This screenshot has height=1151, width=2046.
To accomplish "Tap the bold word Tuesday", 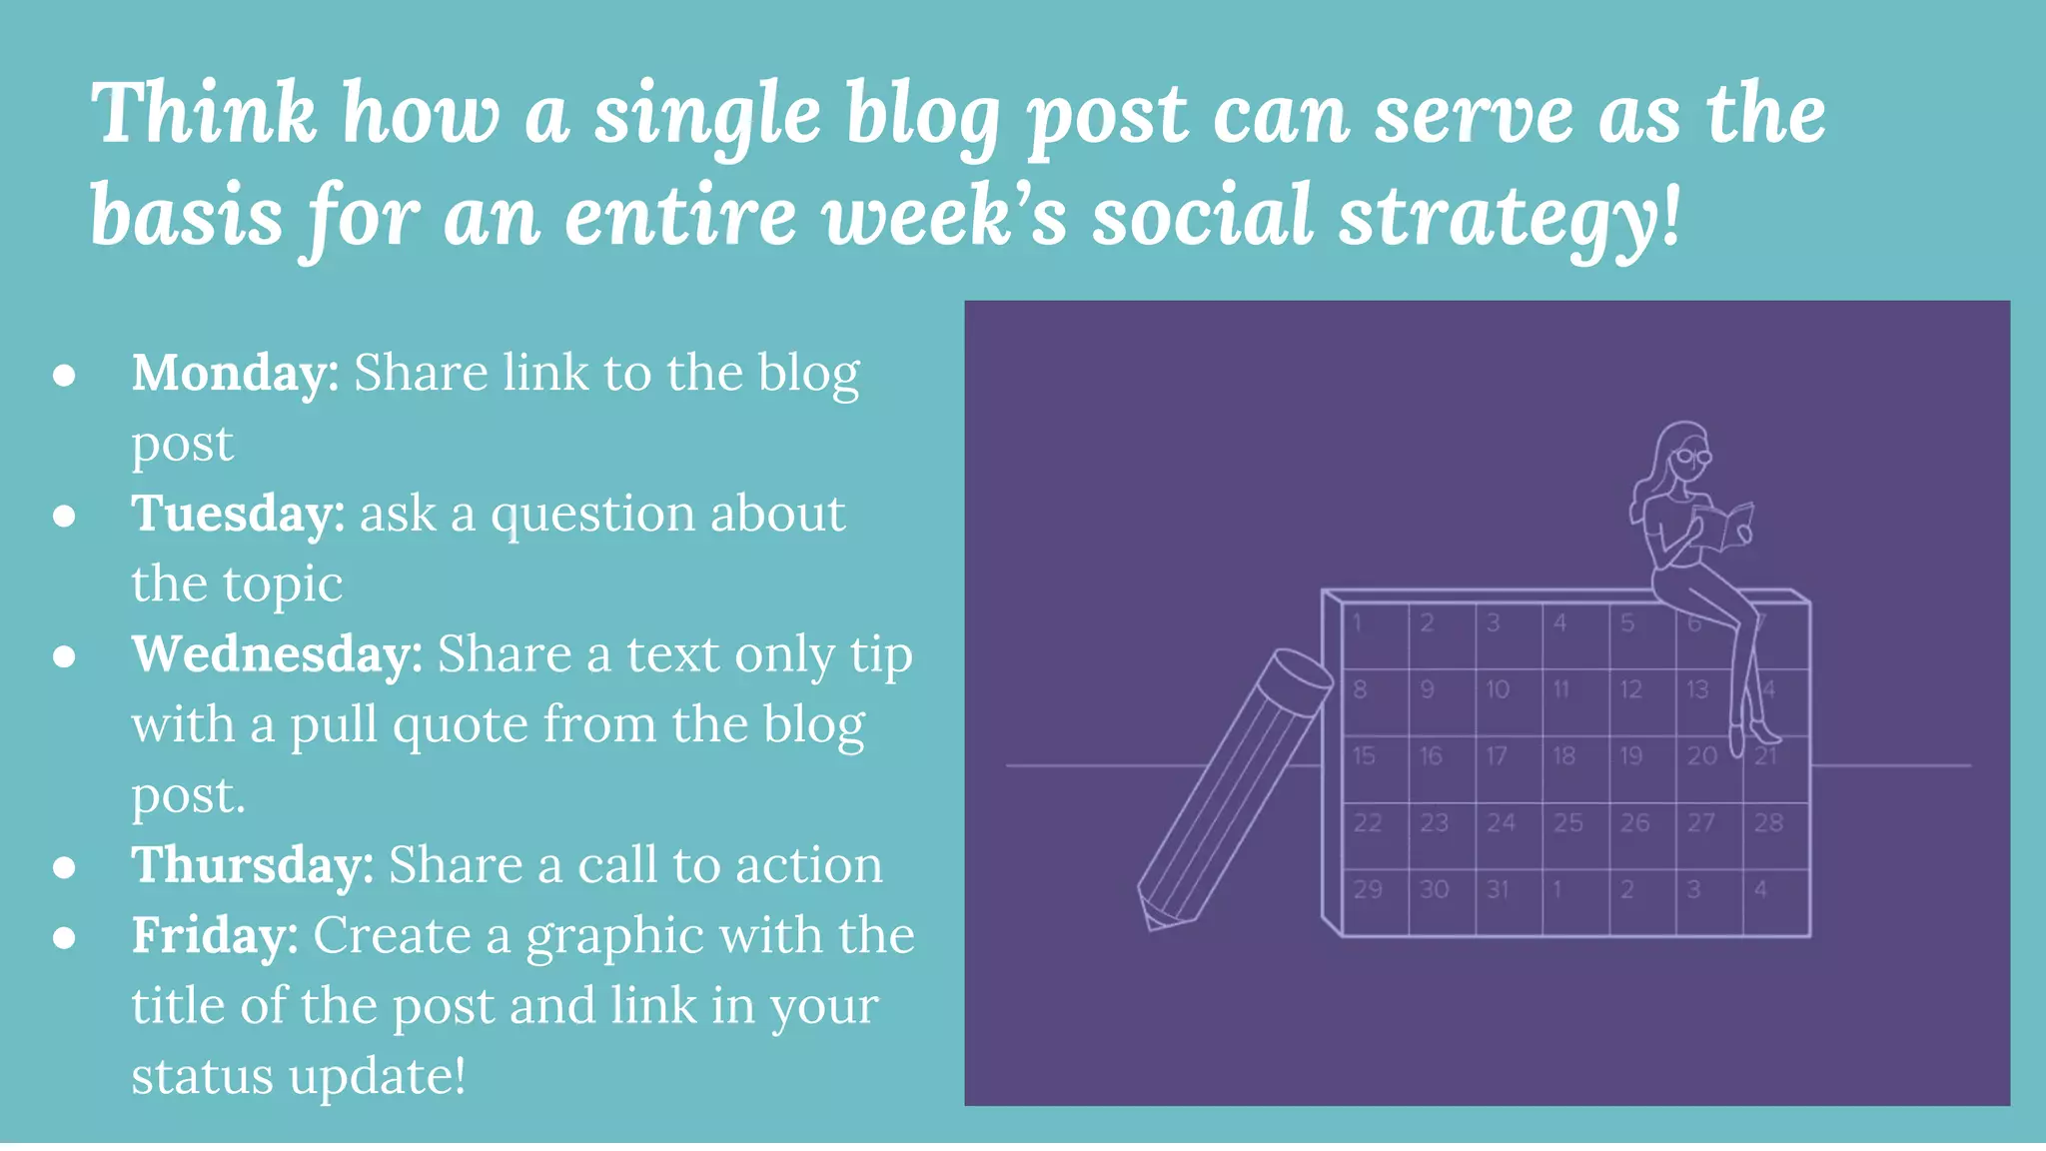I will (238, 515).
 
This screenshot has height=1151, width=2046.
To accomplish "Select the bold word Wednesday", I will (277, 655).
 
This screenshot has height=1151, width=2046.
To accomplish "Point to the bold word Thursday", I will (252, 865).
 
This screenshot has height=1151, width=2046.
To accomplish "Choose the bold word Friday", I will (214, 936).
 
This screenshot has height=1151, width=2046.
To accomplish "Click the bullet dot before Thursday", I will (65, 867).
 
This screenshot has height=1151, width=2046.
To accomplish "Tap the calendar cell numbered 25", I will (1574, 835).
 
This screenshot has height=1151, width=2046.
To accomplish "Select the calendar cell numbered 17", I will (1508, 768).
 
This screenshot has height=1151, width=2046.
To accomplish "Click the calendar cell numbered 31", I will (1508, 902).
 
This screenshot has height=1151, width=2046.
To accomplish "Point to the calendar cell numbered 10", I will (1508, 701).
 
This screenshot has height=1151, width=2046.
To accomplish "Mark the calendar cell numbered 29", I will (1375, 902).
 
